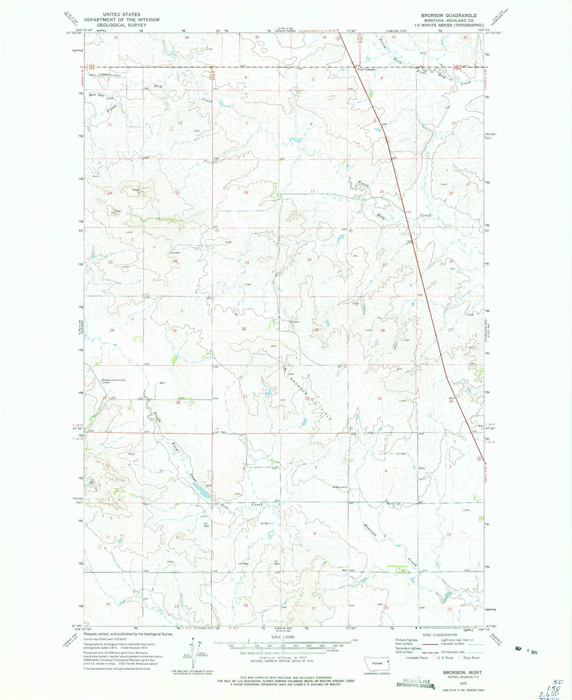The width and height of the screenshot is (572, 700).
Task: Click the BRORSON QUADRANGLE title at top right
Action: pos(449,15)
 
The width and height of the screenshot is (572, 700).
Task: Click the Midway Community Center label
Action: pos(114,381)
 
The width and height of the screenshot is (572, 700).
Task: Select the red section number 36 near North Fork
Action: pos(178,402)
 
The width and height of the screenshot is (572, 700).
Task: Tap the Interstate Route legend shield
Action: pos(403,658)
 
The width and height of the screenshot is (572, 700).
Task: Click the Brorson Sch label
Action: pos(340,487)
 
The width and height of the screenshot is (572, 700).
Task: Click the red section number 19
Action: pos(247,263)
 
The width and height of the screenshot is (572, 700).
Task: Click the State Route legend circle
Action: pos(461,658)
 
